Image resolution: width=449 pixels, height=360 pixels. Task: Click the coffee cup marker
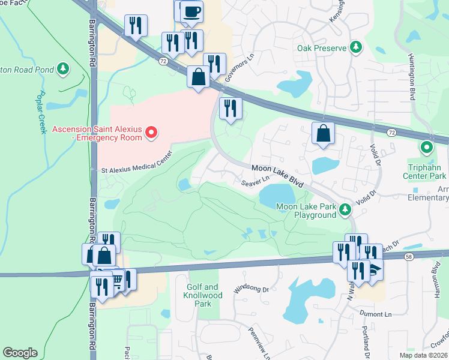[191, 11]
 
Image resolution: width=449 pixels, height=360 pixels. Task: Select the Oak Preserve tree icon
[356, 47]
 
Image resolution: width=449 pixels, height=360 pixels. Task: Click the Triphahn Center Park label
[426, 176]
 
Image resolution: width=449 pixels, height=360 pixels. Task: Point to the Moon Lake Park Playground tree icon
[345, 209]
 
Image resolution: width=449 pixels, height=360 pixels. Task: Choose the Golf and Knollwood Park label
[205, 295]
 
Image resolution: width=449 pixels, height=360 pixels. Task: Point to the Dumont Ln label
[376, 314]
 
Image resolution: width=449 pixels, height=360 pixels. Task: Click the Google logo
[20, 353]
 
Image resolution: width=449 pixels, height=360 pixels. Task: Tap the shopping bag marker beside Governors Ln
[198, 77]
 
